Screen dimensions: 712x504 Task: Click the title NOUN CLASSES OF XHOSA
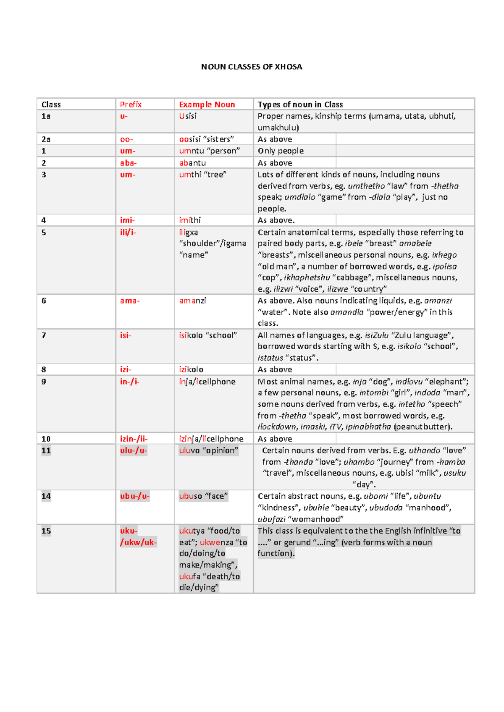(x=252, y=67)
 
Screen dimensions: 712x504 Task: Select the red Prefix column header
(x=131, y=105)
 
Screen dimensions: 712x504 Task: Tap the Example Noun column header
(x=207, y=105)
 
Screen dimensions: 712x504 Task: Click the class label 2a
(x=46, y=139)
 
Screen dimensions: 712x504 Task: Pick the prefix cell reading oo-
(x=126, y=139)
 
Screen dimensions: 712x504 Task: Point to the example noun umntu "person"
(x=209, y=151)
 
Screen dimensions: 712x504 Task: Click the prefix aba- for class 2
(x=128, y=163)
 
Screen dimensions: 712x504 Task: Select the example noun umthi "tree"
(x=202, y=175)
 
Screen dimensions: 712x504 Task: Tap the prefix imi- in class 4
(x=127, y=220)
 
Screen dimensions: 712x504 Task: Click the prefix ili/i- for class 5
(x=128, y=232)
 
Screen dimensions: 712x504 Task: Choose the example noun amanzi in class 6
(x=192, y=301)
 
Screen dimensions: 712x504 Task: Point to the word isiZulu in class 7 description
(x=376, y=335)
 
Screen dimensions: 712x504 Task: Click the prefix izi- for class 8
(x=126, y=369)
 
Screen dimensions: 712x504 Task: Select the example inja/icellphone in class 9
(x=207, y=382)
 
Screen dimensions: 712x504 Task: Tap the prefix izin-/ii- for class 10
(x=134, y=439)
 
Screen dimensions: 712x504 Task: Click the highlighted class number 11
(x=46, y=450)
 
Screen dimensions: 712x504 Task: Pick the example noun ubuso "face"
(x=203, y=496)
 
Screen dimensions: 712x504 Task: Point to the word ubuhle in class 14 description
(x=316, y=508)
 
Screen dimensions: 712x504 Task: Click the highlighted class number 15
(x=46, y=531)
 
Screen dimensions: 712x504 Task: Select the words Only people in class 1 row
(x=281, y=151)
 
